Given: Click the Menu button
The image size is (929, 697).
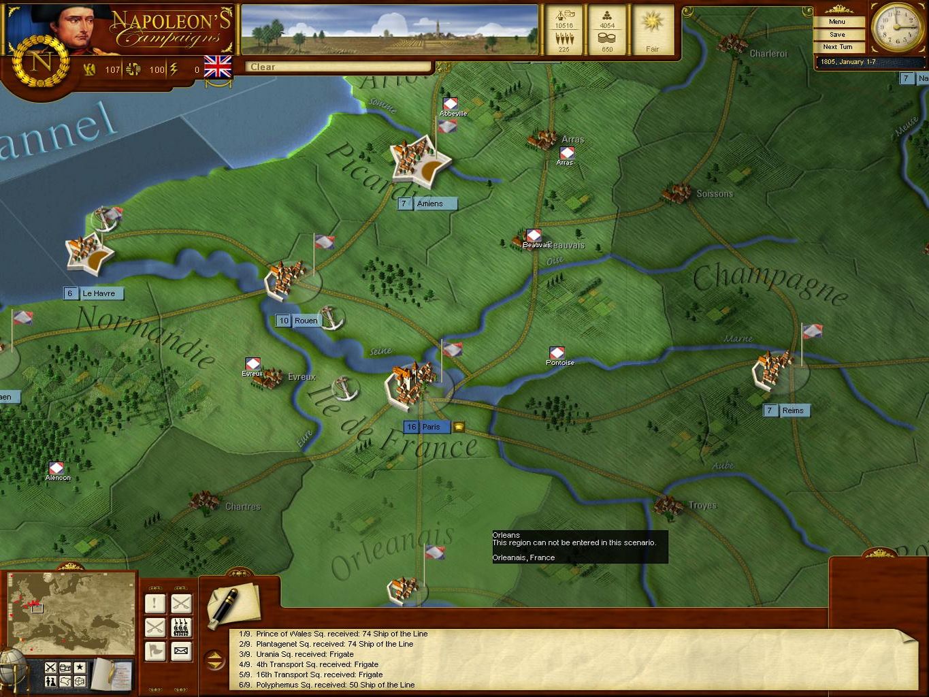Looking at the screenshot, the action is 837,22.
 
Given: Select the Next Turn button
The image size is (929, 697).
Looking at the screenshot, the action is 837,47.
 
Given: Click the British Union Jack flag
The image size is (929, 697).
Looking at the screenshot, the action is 218,67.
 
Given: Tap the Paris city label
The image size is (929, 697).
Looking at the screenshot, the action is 431,427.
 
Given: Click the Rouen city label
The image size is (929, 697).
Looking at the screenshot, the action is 306,321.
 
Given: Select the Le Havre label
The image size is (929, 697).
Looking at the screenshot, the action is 99,293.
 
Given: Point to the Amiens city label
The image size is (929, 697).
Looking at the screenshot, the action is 429,204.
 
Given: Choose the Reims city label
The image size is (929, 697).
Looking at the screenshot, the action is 792,410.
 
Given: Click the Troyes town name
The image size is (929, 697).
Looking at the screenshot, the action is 702,505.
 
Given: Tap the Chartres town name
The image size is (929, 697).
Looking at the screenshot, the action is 243,506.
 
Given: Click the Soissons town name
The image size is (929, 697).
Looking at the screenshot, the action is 715,193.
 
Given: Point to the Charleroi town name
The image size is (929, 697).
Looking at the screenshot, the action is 768,53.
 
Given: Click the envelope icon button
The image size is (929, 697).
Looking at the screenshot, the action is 181,651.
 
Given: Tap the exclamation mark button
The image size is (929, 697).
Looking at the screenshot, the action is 155,603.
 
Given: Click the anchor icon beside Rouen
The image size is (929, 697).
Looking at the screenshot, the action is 331,317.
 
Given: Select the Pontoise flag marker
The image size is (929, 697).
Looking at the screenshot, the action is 557,353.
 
